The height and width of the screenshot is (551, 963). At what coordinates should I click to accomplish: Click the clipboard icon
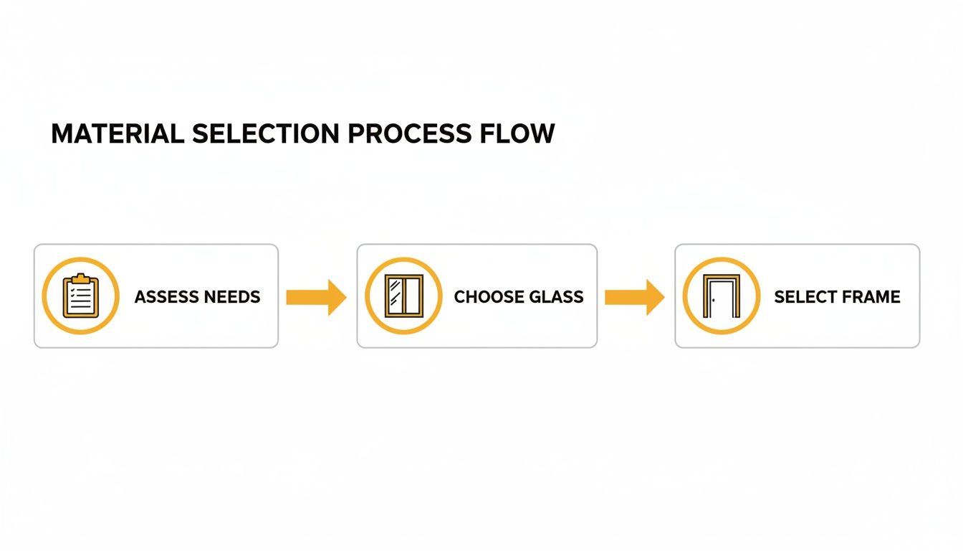point(80,296)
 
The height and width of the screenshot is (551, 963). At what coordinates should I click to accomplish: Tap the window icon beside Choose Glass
point(403,296)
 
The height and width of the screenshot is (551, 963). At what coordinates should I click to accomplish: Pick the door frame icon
point(720,296)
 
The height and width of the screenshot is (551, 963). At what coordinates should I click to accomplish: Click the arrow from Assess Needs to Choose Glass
point(316,297)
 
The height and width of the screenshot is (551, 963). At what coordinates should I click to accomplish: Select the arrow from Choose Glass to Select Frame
point(634,297)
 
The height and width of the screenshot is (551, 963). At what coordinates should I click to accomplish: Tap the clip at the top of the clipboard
point(80,278)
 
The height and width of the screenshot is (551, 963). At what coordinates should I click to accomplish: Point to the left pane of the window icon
point(396,296)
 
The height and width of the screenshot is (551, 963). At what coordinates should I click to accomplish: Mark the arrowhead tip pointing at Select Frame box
point(663,297)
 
